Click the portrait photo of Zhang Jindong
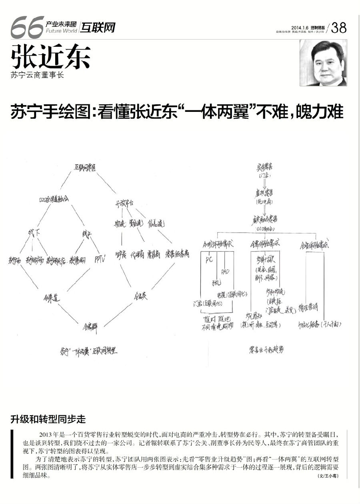(x=323, y=63)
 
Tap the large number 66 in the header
(x=27, y=27)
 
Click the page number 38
(x=339, y=28)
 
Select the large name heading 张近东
(x=51, y=57)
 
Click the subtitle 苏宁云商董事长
(x=38, y=75)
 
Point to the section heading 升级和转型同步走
(x=48, y=419)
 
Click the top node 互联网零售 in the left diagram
(x=85, y=168)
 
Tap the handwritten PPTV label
(x=99, y=259)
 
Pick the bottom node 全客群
(x=90, y=325)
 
